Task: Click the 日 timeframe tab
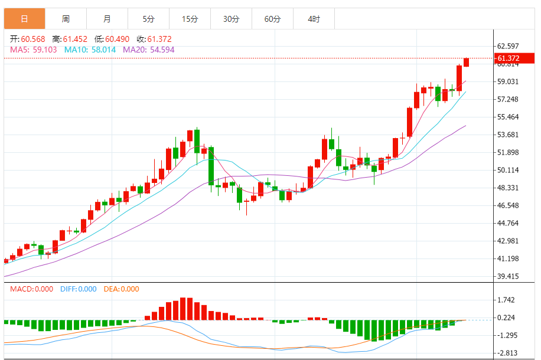[x=24, y=19]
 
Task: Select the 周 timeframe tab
[x=66, y=19]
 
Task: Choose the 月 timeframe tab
[x=106, y=19]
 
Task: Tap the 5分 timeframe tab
[x=148, y=19]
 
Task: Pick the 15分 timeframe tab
[x=190, y=19]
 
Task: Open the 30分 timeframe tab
[x=231, y=19]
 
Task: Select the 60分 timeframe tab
[x=272, y=19]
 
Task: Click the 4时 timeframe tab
[x=314, y=19]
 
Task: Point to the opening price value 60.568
[x=32, y=39]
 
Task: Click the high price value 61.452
[x=74, y=39]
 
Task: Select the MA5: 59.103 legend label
[x=34, y=50]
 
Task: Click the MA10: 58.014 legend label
[x=90, y=50]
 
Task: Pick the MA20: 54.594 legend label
[x=148, y=50]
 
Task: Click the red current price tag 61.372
[x=509, y=58]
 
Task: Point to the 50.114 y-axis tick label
[x=508, y=170]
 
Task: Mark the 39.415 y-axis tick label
[x=508, y=276]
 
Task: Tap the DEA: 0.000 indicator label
[x=122, y=289]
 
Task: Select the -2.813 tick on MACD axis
[x=508, y=353]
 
